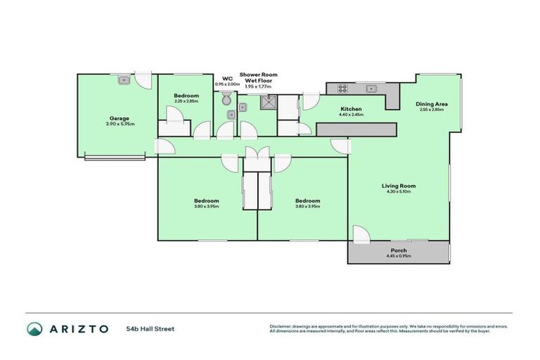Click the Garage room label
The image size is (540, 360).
click(x=118, y=118)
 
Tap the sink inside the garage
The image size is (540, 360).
click(x=123, y=79)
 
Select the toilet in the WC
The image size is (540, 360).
click(x=226, y=100)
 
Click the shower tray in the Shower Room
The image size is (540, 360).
click(x=268, y=104)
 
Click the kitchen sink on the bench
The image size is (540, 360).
click(x=372, y=89)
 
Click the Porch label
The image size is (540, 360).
click(x=398, y=250)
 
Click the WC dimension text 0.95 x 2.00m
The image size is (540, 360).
click(x=227, y=84)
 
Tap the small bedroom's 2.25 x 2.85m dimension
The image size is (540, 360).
click(x=186, y=101)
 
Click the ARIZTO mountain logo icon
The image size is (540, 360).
click(x=34, y=328)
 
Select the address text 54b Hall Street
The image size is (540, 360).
click(x=150, y=328)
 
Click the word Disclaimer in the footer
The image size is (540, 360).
click(x=281, y=326)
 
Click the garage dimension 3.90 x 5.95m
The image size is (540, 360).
click(x=118, y=124)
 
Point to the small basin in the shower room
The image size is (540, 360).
click(x=243, y=108)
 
